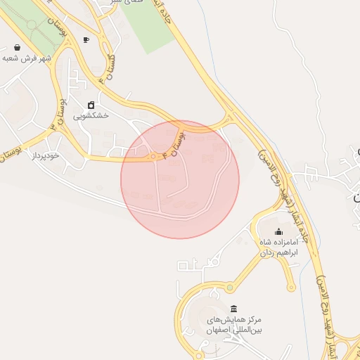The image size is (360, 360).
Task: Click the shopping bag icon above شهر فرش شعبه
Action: coord(16,48)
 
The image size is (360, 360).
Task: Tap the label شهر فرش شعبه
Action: coord(27,58)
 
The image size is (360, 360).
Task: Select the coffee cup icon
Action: coord(86,40)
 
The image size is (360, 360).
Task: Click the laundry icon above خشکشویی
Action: coord(91,105)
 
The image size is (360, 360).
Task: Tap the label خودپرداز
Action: coord(45,155)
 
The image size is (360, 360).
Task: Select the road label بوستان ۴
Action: coord(181,137)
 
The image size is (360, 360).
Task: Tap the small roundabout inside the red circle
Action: coord(153,156)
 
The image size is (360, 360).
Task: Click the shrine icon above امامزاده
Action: coord(278,231)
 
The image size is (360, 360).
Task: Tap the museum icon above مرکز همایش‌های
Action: coord(233,309)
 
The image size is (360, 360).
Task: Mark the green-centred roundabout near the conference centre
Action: coord(229,287)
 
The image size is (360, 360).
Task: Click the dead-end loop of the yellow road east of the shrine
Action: coord(290,286)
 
